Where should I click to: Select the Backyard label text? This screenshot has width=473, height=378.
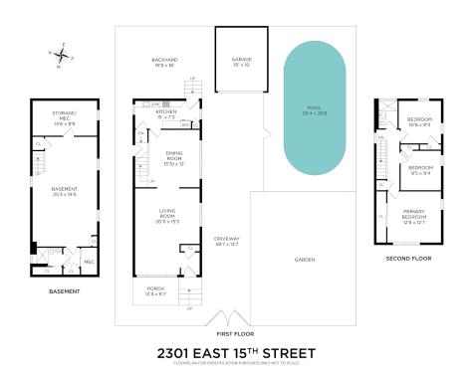coord(164,61)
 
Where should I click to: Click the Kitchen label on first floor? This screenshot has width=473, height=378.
coord(165,114)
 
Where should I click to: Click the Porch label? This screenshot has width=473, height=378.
coord(157,291)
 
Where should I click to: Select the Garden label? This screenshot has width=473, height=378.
coord(304,259)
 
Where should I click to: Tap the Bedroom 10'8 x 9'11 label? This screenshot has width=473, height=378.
coord(417,123)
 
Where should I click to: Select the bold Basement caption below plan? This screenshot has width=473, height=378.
coord(64,291)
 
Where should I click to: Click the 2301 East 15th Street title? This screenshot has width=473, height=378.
coord(236,352)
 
